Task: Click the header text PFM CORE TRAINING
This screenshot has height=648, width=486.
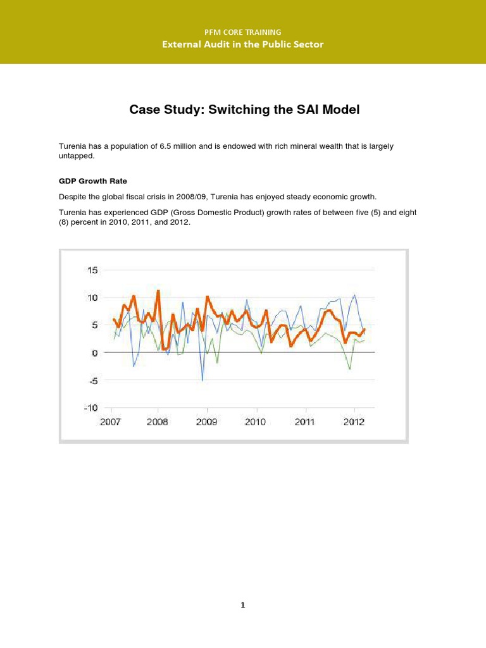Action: click(x=243, y=32)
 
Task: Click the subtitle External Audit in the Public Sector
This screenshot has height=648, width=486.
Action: click(x=243, y=44)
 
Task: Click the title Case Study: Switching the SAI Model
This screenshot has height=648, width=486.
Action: click(x=244, y=109)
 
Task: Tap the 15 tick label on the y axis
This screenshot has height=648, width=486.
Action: click(x=92, y=270)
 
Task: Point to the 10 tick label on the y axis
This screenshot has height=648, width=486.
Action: click(x=92, y=298)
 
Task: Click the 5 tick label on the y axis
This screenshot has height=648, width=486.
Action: click(x=95, y=325)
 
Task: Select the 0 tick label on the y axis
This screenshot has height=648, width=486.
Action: click(x=95, y=352)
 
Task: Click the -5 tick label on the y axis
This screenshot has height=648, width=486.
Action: click(x=93, y=380)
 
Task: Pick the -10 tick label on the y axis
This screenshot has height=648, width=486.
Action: click(x=90, y=408)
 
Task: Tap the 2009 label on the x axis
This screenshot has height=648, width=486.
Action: click(x=207, y=422)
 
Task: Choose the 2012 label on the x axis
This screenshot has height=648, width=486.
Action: click(x=354, y=422)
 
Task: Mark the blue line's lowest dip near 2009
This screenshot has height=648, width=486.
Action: click(x=202, y=380)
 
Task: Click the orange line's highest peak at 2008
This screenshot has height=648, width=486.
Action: click(x=158, y=290)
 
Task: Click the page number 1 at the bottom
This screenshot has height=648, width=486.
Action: click(x=243, y=606)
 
